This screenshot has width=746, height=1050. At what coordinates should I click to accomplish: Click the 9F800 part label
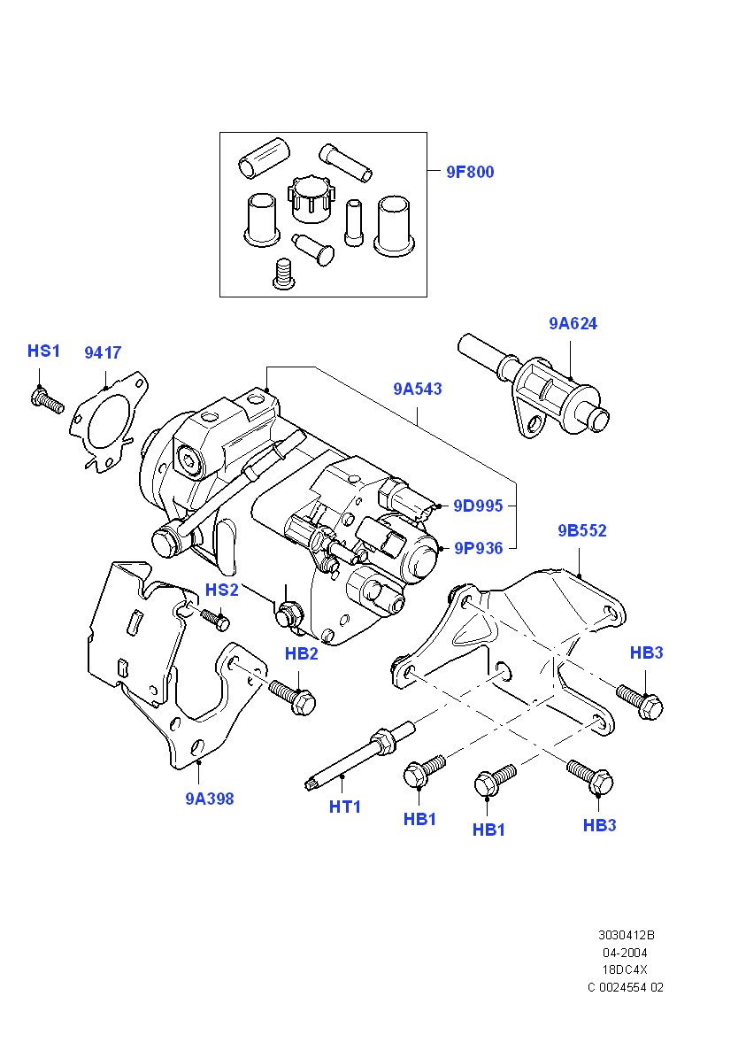pos(470,172)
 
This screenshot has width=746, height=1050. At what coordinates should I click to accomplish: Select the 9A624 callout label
pos(573,323)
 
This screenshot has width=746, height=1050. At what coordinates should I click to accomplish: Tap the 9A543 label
pos(418,389)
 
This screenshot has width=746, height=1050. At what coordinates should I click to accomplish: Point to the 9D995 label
pos(478,506)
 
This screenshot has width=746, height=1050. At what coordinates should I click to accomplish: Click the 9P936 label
pos(478,548)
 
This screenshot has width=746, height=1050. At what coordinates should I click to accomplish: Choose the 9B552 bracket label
pos(581,530)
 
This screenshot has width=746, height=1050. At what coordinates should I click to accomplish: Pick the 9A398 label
pos(210,799)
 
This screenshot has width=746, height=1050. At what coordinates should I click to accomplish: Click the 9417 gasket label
pos(103,352)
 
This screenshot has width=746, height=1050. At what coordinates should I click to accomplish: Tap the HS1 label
pos(43,351)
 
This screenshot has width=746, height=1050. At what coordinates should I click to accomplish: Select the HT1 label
pos(344,807)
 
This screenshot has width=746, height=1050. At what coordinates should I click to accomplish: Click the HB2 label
pos(301,653)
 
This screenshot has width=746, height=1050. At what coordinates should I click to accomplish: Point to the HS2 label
pos(222,590)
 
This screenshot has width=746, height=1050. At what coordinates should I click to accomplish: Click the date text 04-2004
pos(625,953)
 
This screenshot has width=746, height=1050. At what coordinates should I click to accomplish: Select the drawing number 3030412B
pos(626,935)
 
